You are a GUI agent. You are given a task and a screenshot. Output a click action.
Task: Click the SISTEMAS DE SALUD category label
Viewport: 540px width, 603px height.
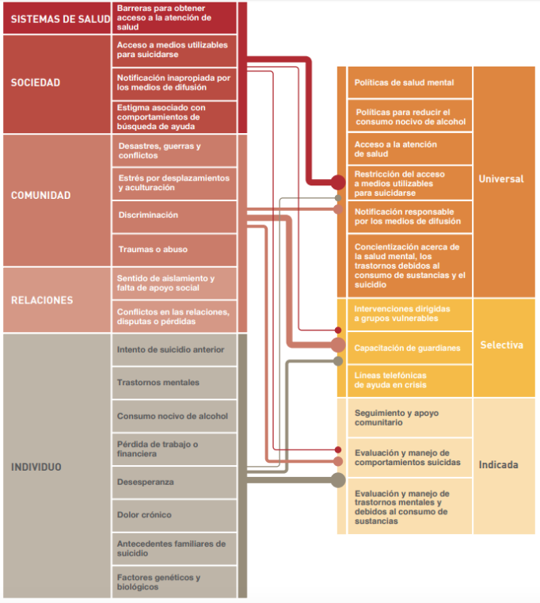coord(60,19)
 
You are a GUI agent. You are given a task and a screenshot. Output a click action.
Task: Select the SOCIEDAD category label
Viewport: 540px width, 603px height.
coord(36,82)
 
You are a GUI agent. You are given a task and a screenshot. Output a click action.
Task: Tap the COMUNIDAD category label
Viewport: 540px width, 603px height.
coord(40,196)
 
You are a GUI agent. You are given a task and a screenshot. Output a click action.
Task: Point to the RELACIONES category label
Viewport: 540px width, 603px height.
coord(42,300)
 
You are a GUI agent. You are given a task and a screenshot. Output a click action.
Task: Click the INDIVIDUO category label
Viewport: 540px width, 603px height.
coord(36,467)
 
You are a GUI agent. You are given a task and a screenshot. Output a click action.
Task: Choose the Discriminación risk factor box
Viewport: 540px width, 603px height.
coord(174,217)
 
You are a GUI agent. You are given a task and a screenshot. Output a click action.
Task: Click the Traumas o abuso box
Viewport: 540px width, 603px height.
coord(174,250)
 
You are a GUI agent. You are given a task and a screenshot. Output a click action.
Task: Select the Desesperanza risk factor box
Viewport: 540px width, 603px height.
coord(174,483)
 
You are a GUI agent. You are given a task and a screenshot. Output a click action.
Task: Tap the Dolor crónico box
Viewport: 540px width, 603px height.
coord(174,515)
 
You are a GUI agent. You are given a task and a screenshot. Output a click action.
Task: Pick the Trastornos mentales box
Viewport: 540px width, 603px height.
coord(174,383)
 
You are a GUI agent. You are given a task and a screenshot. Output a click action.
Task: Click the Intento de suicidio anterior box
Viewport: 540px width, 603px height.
coord(174,349)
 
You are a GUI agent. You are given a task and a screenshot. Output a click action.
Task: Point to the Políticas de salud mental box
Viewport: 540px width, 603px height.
coord(409,82)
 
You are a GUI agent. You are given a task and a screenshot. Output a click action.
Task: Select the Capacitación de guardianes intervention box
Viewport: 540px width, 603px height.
coord(409,348)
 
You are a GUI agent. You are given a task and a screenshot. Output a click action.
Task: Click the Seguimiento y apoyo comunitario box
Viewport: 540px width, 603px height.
coord(409,418)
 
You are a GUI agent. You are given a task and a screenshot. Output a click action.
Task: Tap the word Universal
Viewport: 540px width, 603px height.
coord(501,179)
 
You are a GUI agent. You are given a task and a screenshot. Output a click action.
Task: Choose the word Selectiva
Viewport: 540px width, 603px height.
coord(501,345)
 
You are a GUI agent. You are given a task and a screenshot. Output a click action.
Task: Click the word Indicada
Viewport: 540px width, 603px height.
coord(499,465)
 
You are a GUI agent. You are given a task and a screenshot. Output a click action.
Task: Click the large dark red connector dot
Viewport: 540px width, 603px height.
coord(338,182)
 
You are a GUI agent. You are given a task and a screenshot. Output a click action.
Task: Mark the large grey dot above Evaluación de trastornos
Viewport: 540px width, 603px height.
coord(338,480)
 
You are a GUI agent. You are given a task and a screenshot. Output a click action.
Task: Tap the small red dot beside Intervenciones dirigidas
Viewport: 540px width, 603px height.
coord(338,330)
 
